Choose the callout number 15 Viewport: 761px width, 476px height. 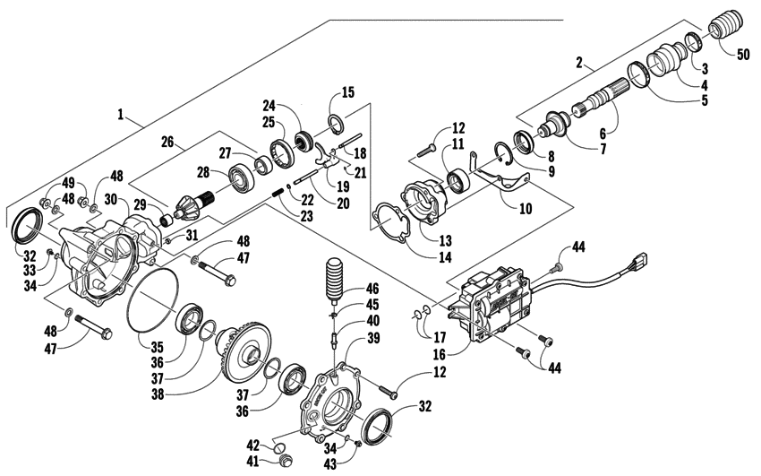tap(348, 92)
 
